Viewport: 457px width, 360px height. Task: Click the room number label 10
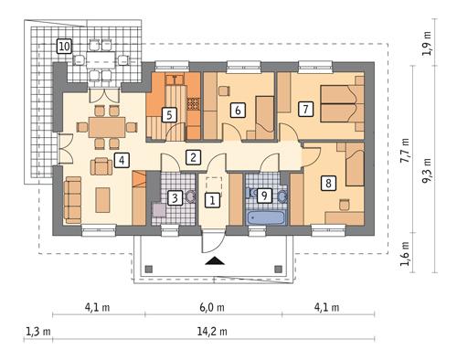(64, 45)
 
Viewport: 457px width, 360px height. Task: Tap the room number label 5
(168, 115)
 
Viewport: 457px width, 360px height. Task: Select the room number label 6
(238, 111)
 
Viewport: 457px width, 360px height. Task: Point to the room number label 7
(306, 109)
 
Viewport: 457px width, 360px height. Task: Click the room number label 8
(327, 182)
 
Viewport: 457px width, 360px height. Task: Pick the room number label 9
(263, 195)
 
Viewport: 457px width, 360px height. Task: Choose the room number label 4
(122, 162)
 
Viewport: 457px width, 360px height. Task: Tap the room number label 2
(193, 157)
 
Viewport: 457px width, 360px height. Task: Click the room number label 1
(212, 199)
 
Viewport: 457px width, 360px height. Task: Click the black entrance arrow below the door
(215, 261)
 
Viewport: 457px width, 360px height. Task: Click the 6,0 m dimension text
(211, 308)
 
